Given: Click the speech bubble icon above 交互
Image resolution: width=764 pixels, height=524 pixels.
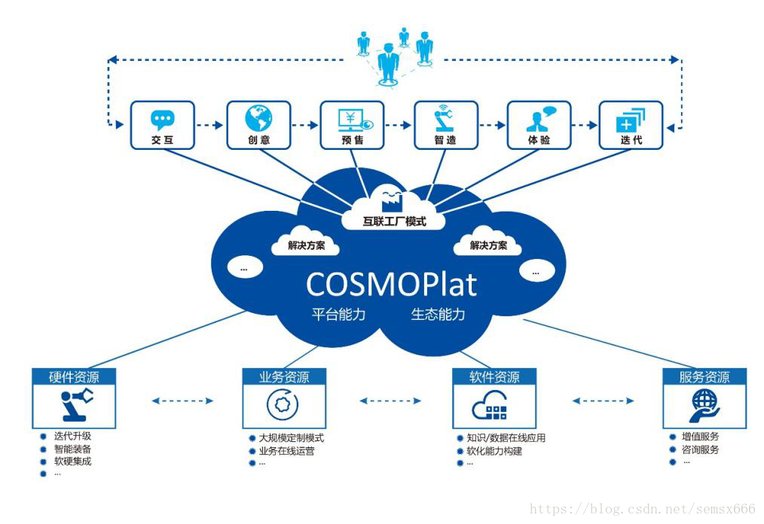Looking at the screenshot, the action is [x=162, y=119].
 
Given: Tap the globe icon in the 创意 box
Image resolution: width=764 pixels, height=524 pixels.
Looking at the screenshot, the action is [x=258, y=118].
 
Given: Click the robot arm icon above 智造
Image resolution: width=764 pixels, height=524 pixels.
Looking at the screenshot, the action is [x=444, y=118].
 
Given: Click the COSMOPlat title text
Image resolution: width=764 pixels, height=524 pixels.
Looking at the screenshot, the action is [x=391, y=285].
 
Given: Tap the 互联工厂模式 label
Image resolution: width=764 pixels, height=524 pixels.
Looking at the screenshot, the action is [x=394, y=221].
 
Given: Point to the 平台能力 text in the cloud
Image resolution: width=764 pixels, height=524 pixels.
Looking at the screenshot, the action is [x=338, y=314].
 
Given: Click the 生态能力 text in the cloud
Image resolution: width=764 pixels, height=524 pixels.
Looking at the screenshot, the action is [x=438, y=314].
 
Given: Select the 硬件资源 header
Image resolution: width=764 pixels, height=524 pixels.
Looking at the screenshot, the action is [x=74, y=377].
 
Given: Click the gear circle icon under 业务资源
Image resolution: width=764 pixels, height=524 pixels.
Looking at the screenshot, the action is [x=283, y=404].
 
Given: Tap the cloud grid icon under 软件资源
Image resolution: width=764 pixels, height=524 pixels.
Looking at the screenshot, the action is [x=490, y=406].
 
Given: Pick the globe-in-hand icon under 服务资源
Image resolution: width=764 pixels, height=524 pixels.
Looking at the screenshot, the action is [x=704, y=406].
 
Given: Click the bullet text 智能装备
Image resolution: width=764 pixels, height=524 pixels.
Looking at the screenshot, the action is [x=72, y=449].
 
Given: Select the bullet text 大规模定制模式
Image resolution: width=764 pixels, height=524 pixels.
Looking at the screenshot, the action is [x=292, y=438].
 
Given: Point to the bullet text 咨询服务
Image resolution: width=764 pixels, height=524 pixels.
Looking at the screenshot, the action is [x=700, y=449].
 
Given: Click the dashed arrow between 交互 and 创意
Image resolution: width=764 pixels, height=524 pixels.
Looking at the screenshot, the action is [x=209, y=125].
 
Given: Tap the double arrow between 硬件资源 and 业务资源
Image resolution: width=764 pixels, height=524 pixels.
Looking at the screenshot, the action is [x=182, y=401].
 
